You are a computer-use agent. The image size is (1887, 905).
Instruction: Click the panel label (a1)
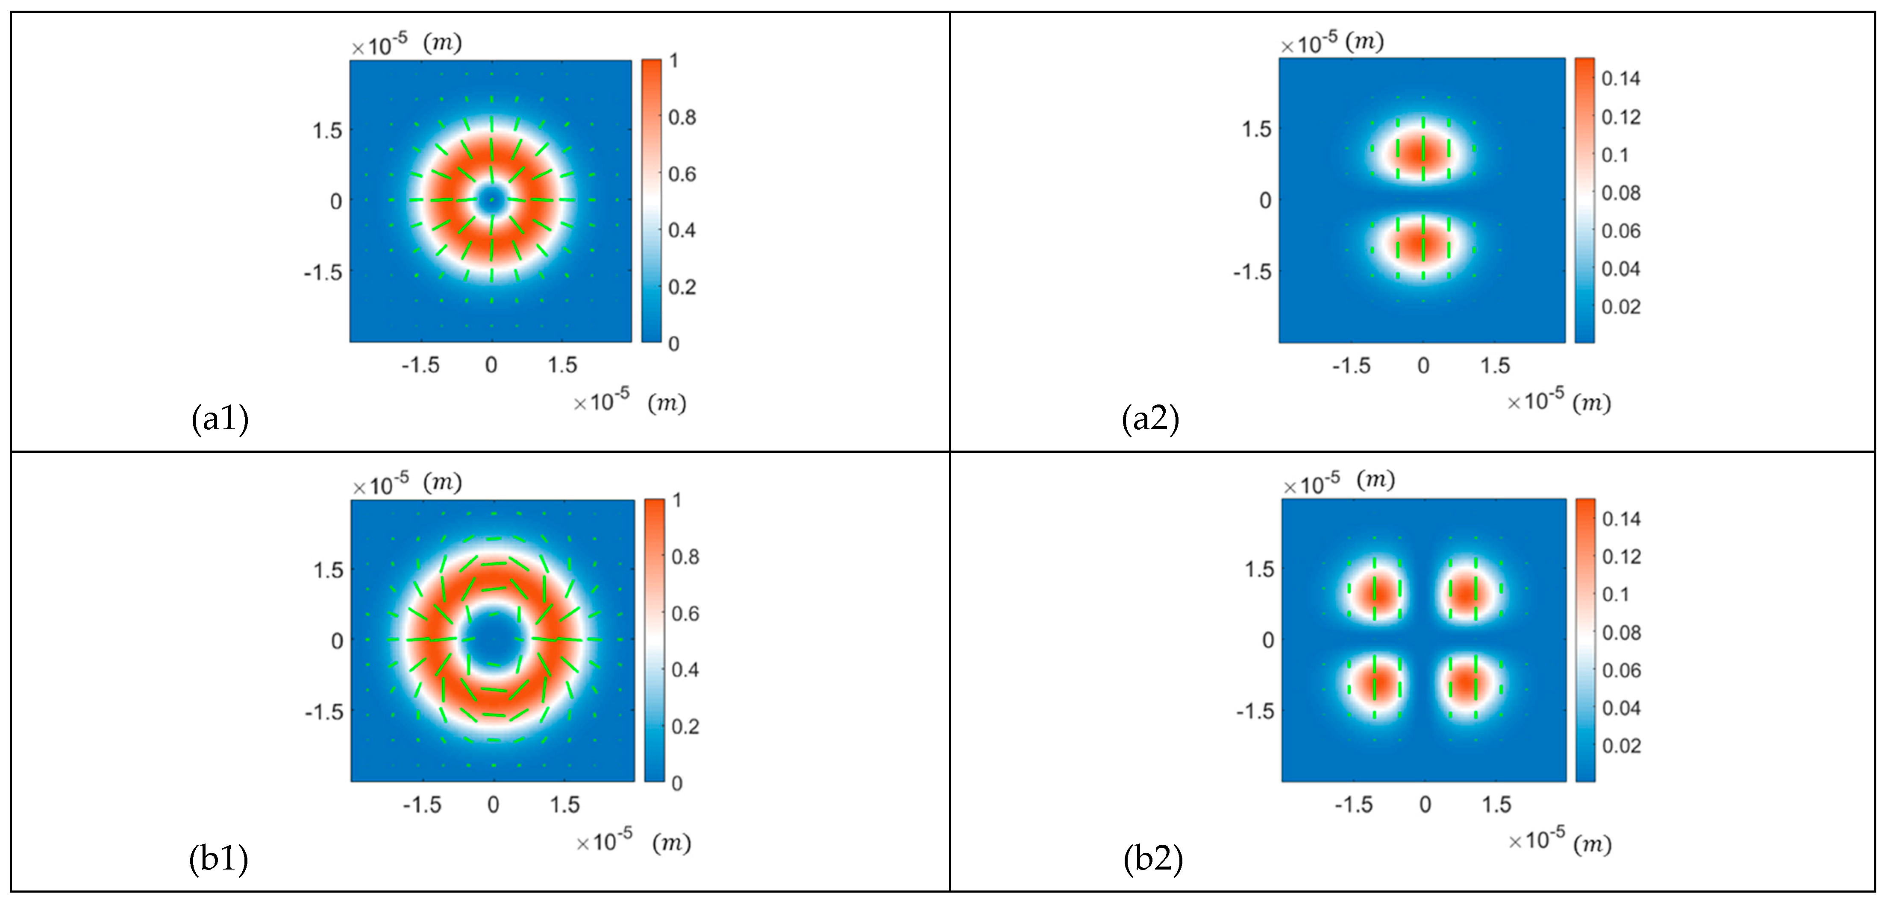(220, 419)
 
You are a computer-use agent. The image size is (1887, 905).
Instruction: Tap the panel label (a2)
(1150, 419)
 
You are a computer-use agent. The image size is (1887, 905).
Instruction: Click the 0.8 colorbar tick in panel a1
(682, 117)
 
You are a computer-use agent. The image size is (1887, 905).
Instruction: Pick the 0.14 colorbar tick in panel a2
(1620, 78)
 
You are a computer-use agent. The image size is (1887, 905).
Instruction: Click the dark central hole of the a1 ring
(491, 199)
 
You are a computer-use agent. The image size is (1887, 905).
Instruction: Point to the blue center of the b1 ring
(493, 639)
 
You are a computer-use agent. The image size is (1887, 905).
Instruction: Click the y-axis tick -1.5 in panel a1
(323, 272)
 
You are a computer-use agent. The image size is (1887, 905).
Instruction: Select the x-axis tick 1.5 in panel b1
(565, 805)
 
